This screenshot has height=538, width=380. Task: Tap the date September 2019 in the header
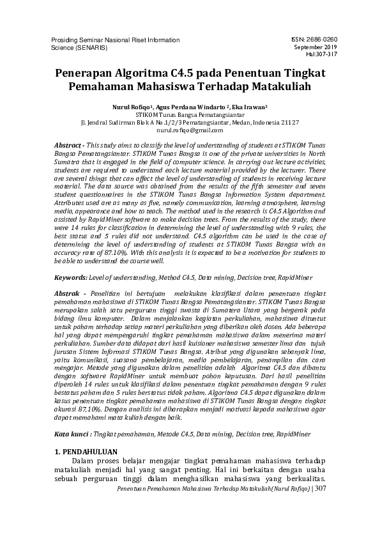point(315,47)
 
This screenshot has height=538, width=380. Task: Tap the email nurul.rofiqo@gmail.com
point(189,129)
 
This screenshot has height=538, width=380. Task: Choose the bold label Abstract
point(68,146)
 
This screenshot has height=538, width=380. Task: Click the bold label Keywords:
point(73,277)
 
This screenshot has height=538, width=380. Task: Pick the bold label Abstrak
point(68,292)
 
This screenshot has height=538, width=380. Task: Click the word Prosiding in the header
point(65,39)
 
